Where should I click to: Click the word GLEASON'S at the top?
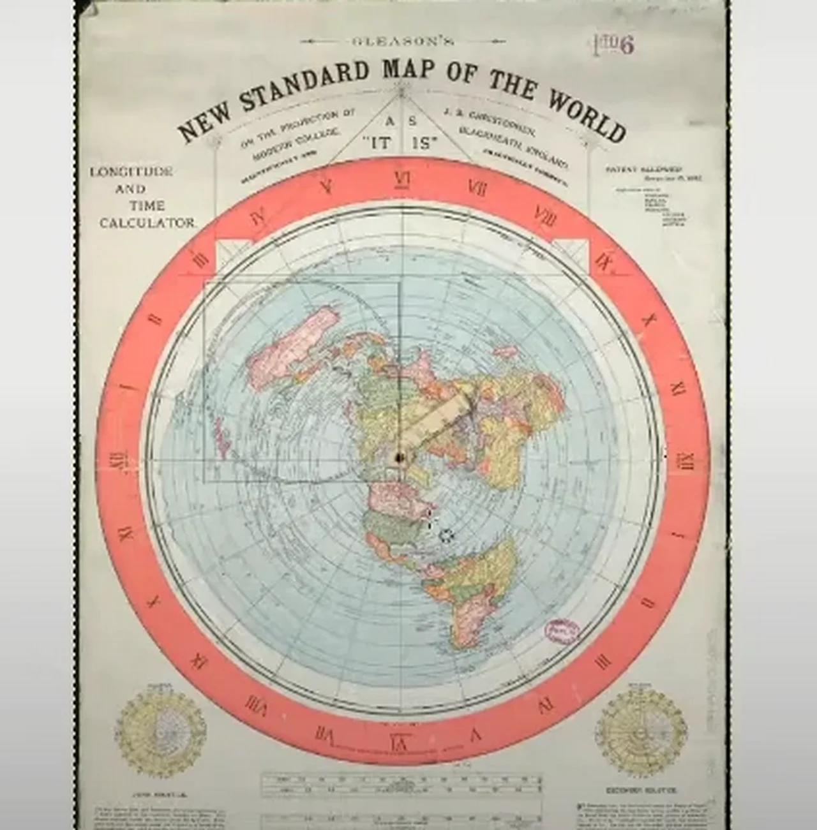pos(403,41)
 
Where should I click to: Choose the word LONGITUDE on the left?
pos(131,172)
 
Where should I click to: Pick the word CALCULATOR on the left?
pos(147,223)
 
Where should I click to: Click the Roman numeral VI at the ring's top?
pos(401,180)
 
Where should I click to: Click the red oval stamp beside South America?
pos(561,630)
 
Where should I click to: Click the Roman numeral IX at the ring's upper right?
pos(603,262)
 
